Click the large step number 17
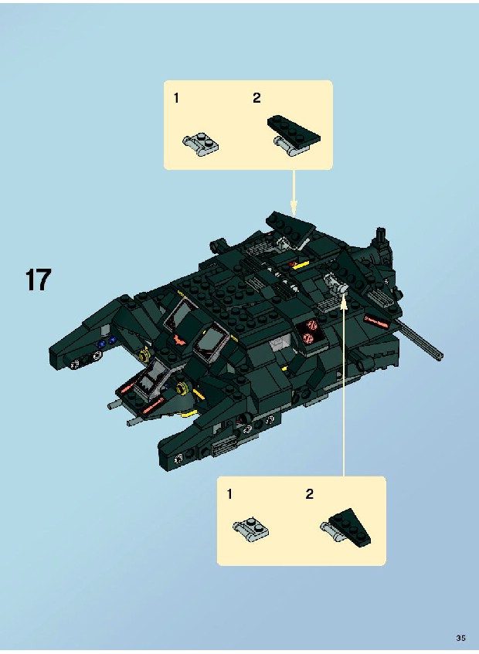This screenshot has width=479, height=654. tap(39, 280)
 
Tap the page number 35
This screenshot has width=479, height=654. tap(460, 638)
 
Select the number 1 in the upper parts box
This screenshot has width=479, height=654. tap(176, 98)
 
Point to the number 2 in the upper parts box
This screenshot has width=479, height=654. tap(256, 98)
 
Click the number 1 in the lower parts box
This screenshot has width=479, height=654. tap(229, 494)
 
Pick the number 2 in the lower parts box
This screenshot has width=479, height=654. tap(309, 494)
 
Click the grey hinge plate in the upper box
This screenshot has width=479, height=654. tap(201, 144)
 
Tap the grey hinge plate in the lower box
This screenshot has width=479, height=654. tap(251, 528)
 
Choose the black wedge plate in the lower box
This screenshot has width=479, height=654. tap(350, 527)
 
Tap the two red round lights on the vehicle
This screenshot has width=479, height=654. tap(310, 331)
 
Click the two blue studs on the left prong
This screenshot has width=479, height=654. tap(106, 342)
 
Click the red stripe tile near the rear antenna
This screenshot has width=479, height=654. tap(377, 321)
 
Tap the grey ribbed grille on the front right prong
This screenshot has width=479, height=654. tap(220, 450)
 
